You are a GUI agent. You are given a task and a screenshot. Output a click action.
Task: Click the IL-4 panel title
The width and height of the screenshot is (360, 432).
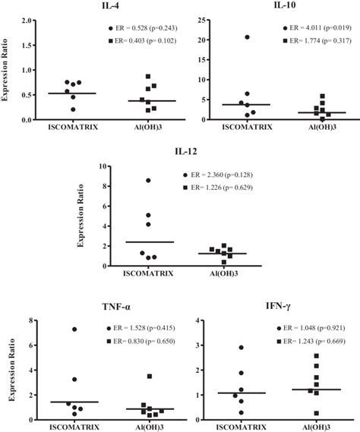click(94, 7)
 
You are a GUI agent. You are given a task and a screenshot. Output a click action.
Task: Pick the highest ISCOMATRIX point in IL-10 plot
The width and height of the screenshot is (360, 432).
click(247, 37)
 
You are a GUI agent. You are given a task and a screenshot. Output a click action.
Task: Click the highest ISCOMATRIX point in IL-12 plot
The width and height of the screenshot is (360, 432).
click(149, 180)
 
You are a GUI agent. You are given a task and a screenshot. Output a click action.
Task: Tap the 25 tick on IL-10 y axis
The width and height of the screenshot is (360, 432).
click(198, 20)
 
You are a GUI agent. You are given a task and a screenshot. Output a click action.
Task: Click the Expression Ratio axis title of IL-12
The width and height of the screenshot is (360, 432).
click(81, 218)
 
